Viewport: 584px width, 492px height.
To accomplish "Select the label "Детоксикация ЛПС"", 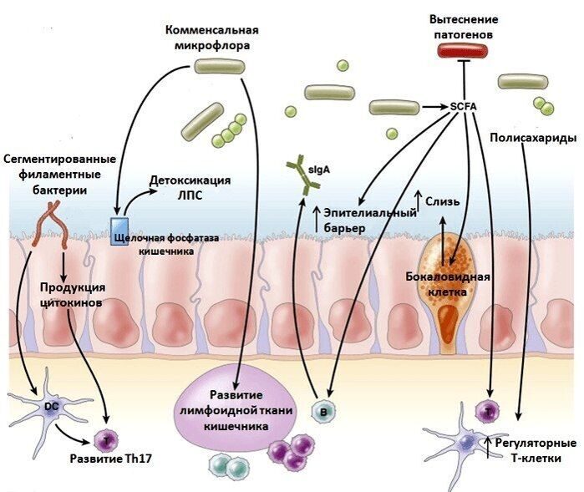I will coord(190,188).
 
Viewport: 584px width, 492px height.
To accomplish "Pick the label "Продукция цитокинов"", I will coord(72,294).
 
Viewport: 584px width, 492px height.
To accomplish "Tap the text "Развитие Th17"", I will coord(103,459).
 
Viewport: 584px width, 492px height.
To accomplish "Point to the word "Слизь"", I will coord(442,201).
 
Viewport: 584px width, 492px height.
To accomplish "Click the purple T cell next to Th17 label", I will coord(107,439).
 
